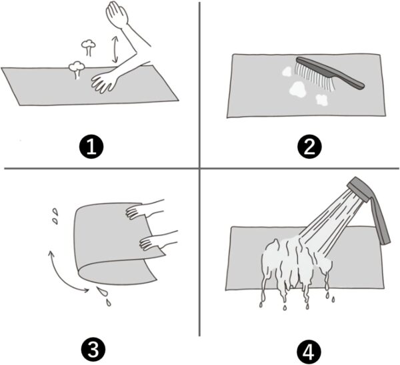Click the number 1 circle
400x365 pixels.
click(91, 147)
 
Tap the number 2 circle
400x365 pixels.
click(309, 147)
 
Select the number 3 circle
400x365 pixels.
click(93, 350)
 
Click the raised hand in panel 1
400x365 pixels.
click(117, 13)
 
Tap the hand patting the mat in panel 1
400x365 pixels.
click(104, 81)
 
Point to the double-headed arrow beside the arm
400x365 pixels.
click(115, 49)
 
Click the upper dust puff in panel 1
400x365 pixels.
click(88, 47)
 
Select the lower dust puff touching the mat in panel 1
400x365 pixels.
click(77, 69)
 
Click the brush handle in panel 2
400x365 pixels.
click(331, 73)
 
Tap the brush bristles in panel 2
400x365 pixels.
click(314, 76)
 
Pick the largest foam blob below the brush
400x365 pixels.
click(297, 89)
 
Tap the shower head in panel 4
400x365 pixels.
click(359, 189)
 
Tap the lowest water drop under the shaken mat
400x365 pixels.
click(109, 303)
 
